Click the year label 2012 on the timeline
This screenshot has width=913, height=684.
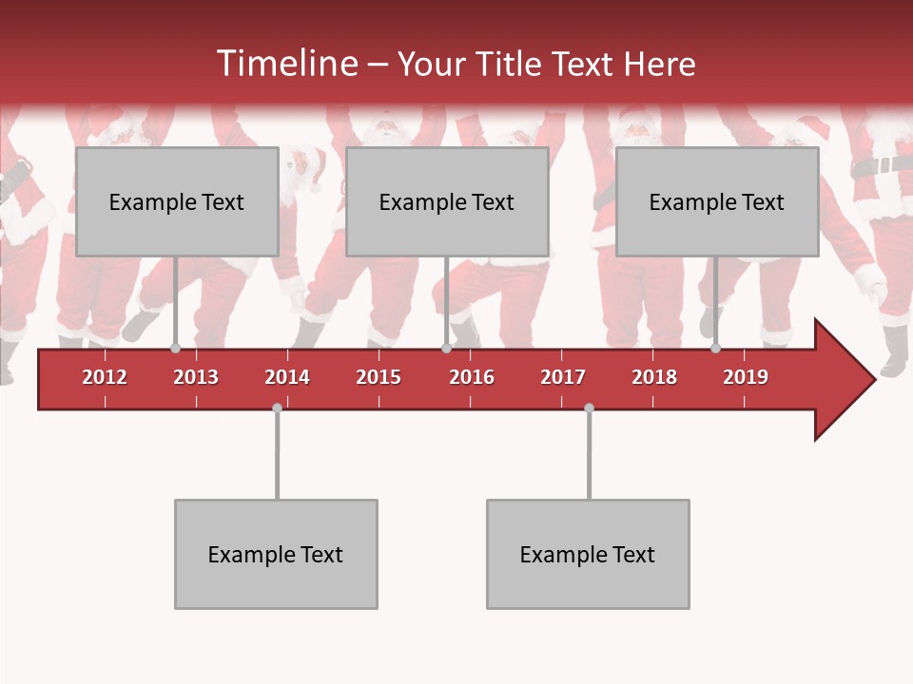[105, 377]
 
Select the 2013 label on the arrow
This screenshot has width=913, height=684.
[196, 377]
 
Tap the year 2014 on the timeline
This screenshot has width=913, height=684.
[287, 377]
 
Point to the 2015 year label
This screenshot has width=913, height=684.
[379, 377]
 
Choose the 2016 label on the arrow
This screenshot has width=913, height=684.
[472, 377]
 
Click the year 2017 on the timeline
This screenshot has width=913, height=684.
[563, 377]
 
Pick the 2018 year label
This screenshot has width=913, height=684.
[654, 377]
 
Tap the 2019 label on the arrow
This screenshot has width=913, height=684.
[746, 377]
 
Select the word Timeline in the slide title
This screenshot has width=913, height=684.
[286, 64]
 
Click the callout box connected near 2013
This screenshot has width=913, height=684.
[177, 201]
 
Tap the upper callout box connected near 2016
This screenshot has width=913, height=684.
[447, 201]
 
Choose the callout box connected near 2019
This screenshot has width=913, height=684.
[717, 201]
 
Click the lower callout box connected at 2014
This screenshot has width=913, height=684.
[276, 554]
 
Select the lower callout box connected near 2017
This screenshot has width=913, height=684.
[588, 554]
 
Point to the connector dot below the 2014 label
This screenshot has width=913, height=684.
[277, 408]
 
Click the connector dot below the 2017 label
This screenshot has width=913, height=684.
[589, 408]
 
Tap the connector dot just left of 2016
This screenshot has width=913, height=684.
[446, 349]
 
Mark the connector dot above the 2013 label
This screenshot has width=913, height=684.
[175, 349]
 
